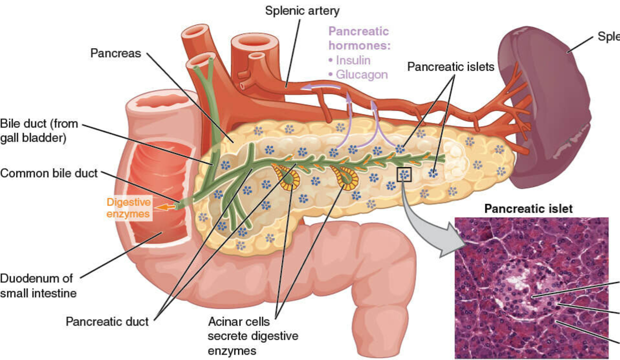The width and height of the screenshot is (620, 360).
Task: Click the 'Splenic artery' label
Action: coord(302,11)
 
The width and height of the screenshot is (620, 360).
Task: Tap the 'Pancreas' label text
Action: coord(116,54)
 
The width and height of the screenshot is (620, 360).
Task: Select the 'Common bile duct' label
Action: coord(49,173)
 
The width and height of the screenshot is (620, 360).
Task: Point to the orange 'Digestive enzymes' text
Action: coord(128,208)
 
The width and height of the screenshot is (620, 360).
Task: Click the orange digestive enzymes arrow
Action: coord(164,207)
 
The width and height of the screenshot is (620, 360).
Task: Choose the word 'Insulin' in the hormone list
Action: coord(352,60)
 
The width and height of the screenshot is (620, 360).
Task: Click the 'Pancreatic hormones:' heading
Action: coord(359,38)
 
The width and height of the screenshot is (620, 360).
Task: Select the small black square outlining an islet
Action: coord(405,174)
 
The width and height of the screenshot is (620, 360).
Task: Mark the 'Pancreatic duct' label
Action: coord(107,321)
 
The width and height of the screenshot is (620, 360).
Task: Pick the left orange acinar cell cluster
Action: coord(288,178)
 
